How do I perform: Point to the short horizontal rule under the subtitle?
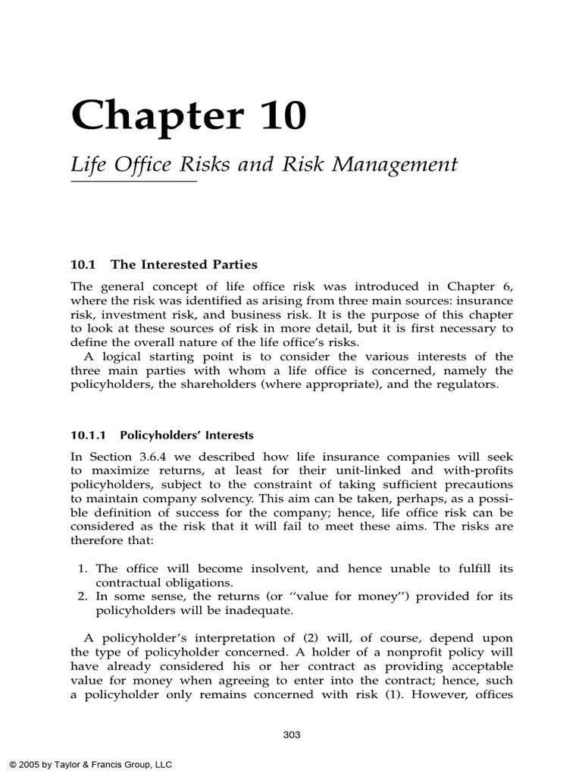pos(133,182)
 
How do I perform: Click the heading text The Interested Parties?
pos(184,265)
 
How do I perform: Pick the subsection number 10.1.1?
pos(90,435)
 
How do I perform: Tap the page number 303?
pos(292,734)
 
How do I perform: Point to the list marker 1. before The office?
pos(84,568)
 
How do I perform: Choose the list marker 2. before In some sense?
pos(84,596)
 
